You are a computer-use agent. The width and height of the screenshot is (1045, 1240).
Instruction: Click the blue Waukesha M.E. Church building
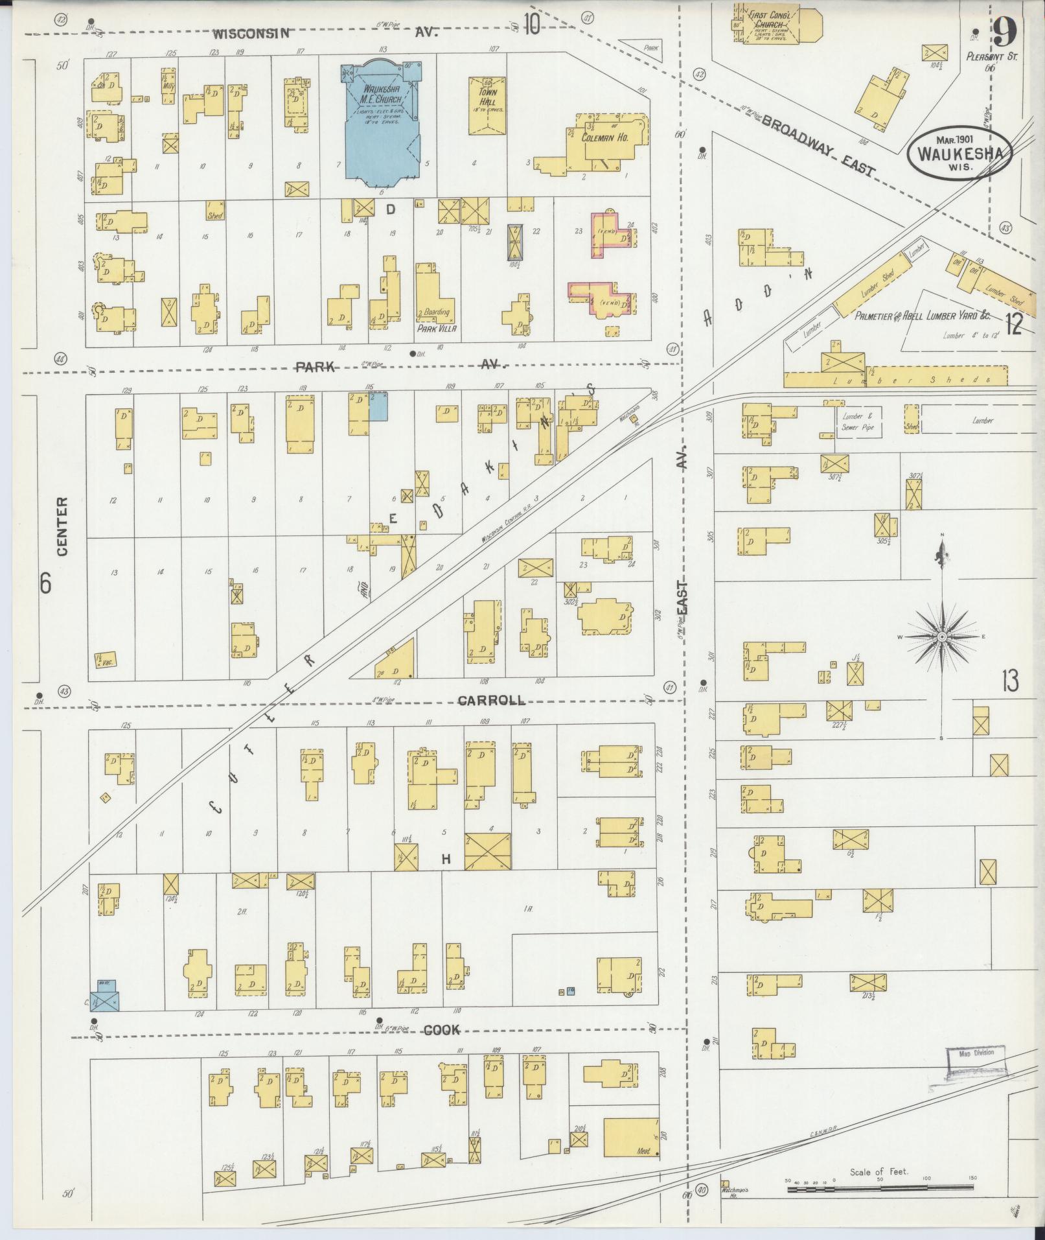pos(382,123)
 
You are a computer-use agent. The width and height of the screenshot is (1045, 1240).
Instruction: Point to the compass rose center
pos(941,638)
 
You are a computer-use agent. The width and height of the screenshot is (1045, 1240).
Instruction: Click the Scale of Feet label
pos(878,1172)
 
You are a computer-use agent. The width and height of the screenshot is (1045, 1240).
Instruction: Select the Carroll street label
pos(491,701)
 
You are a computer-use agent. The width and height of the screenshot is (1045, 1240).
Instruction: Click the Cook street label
pos(442,1030)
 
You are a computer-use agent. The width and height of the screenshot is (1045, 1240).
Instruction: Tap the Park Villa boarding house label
pos(437,329)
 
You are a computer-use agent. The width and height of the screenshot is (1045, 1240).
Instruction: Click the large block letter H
pos(446,860)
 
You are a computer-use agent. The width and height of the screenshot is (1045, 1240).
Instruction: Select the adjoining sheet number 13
pos(1009,681)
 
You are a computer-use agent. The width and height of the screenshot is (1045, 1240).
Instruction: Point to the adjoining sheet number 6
pos(45,583)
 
